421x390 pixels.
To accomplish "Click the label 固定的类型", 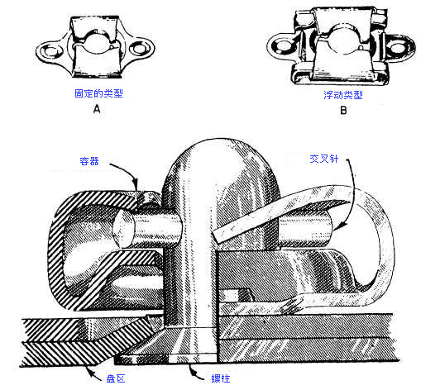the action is [x=98, y=93].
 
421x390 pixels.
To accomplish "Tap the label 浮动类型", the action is [x=343, y=95].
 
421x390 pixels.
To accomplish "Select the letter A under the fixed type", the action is [x=97, y=109].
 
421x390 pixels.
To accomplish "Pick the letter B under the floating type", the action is [x=343, y=111].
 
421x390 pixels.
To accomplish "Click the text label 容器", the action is [x=89, y=161].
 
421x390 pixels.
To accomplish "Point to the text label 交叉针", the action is [x=323, y=159].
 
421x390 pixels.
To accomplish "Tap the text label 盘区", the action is [x=116, y=378].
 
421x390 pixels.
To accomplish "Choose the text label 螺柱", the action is [x=221, y=378].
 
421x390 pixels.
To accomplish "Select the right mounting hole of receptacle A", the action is [x=139, y=49].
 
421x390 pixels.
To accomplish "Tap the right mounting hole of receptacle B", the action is [x=397, y=48].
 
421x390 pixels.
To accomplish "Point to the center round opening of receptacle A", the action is [x=98, y=44].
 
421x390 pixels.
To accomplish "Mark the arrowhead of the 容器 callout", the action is [x=135, y=184].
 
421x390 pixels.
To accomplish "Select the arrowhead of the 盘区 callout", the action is [x=89, y=371].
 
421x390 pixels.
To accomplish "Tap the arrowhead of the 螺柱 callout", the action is [x=192, y=369].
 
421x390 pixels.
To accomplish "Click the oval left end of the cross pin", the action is [x=123, y=229].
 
